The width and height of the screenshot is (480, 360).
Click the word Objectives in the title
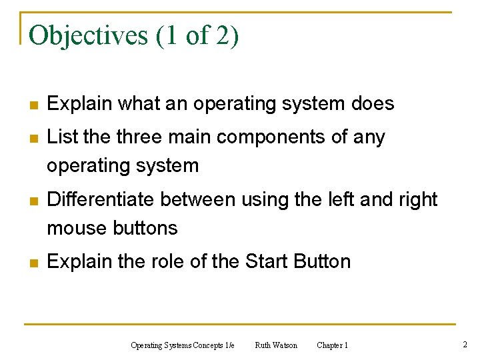89,35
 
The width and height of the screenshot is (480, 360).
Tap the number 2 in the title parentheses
222,35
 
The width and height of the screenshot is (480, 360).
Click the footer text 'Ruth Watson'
276,345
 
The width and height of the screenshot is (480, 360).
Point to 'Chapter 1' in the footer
332,345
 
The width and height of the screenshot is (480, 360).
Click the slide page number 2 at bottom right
465,345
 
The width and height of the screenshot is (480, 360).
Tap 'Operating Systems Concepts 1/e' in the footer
183,345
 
